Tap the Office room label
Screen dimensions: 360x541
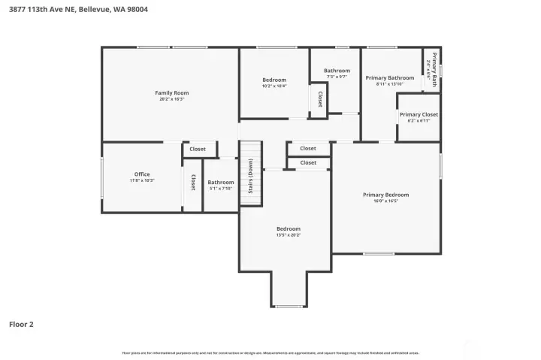pyautogui.click(x=141, y=174)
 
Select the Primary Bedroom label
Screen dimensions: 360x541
pyautogui.click(x=385, y=195)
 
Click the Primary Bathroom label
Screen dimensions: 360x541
pyautogui.click(x=389, y=77)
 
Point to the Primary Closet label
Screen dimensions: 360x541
pyautogui.click(x=419, y=114)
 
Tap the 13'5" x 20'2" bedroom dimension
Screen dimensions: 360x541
pyautogui.click(x=288, y=235)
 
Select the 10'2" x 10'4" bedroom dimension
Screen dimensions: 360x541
pyautogui.click(x=274, y=86)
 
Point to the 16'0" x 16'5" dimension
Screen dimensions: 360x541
pyautogui.click(x=385, y=201)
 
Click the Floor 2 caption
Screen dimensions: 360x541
pyautogui.click(x=21, y=325)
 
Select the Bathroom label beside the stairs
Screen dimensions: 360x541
pyautogui.click(x=221, y=182)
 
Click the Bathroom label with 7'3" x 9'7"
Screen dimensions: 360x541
pyautogui.click(x=337, y=71)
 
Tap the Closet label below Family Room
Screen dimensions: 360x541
pyautogui.click(x=198, y=149)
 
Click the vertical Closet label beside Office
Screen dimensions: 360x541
pyautogui.click(x=193, y=182)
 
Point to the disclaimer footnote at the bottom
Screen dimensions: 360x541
pyautogui.click(x=270, y=352)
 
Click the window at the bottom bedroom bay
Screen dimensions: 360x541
pyautogui.click(x=289, y=306)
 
